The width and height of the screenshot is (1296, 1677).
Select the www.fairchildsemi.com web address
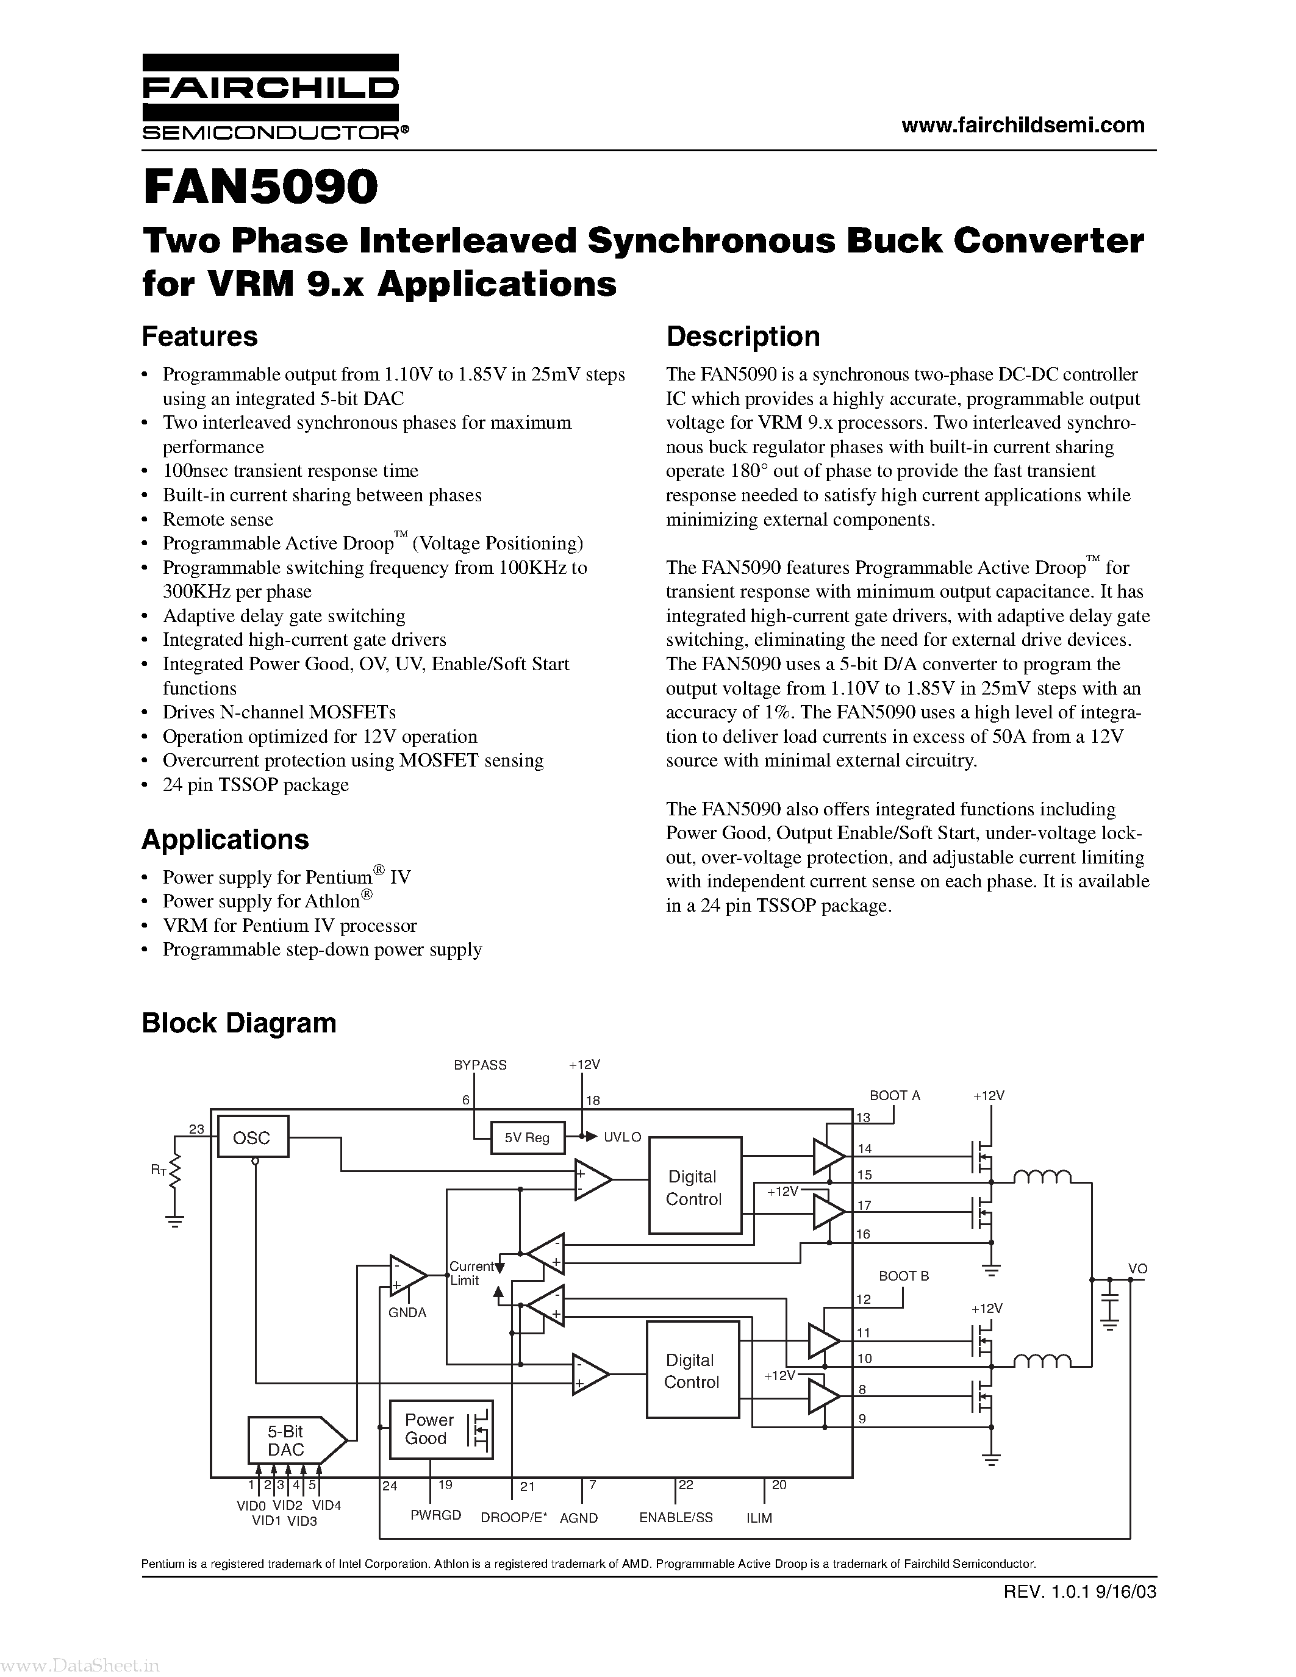click(x=1023, y=124)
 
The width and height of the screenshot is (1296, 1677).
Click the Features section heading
click(x=199, y=337)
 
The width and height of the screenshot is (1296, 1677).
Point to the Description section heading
click(x=742, y=337)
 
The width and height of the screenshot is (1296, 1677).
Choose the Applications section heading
click(x=225, y=839)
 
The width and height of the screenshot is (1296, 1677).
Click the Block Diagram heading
click(x=239, y=1023)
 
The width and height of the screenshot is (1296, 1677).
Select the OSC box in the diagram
click(x=252, y=1137)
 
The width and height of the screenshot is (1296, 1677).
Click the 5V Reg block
click(x=527, y=1137)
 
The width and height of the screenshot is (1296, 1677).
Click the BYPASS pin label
click(x=480, y=1065)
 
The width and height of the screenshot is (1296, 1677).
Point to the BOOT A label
click(x=895, y=1096)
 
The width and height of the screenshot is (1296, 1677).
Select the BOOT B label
click(x=904, y=1275)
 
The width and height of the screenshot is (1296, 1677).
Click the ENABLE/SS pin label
click(x=676, y=1517)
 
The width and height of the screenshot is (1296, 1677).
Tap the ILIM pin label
click(x=759, y=1518)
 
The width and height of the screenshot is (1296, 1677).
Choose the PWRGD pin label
click(x=435, y=1515)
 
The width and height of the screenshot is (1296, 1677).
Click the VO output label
click(x=1137, y=1268)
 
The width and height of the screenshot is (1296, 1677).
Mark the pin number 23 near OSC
click(x=196, y=1128)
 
